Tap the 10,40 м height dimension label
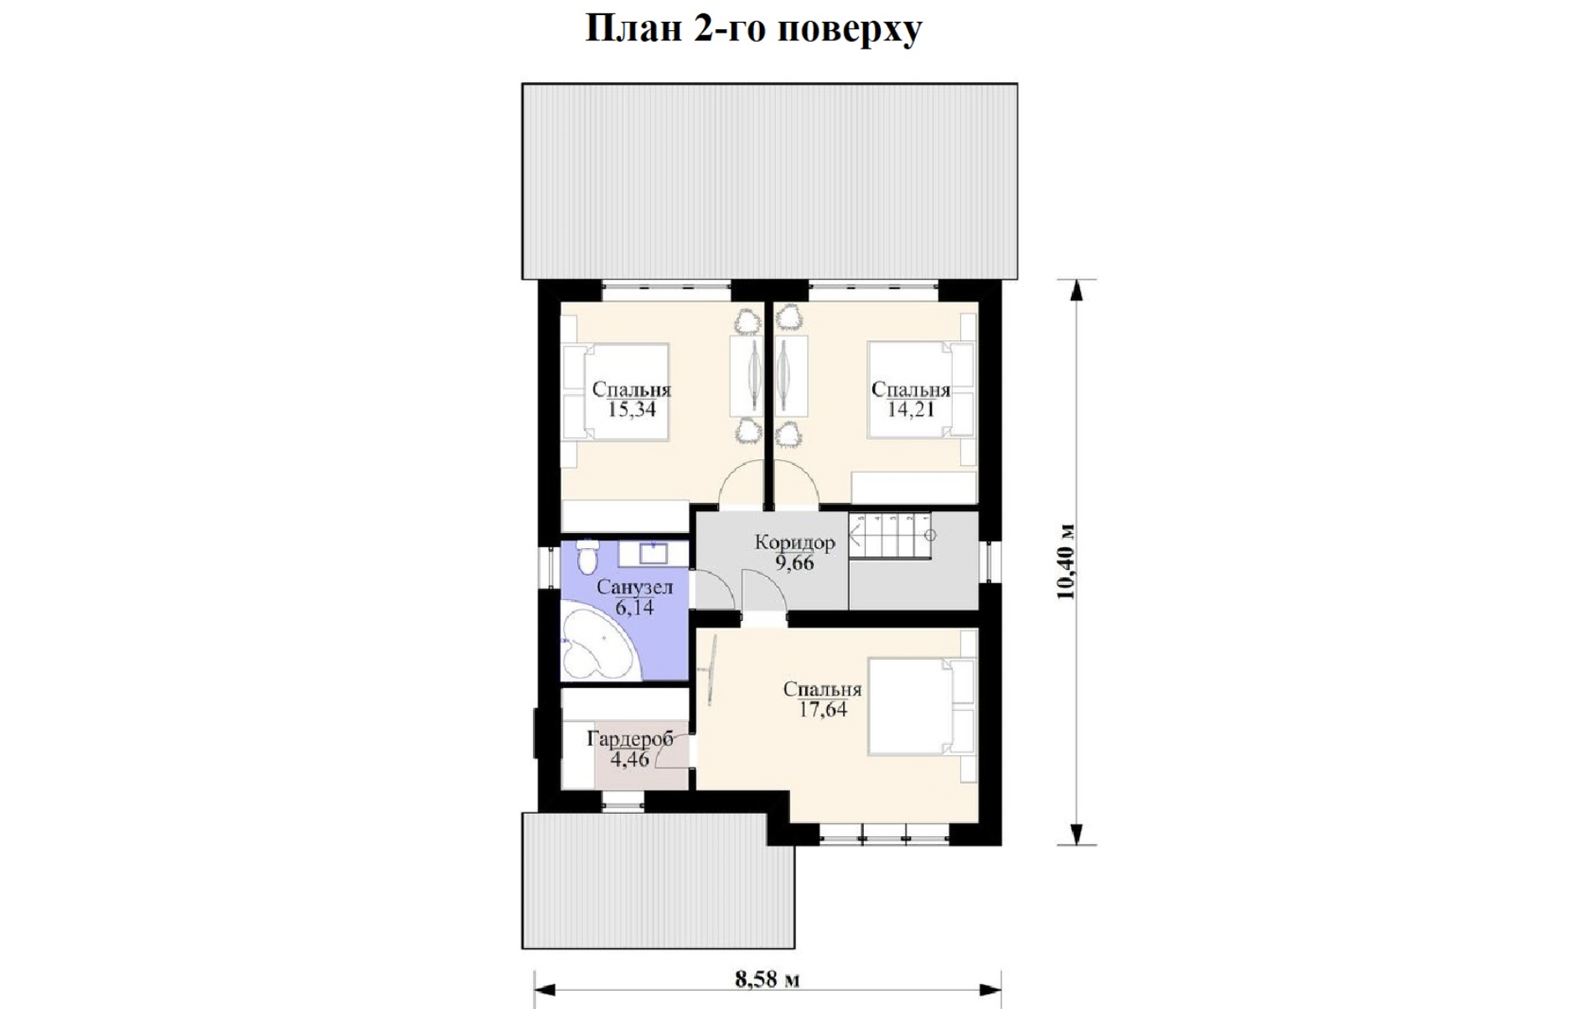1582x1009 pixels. [1066, 562]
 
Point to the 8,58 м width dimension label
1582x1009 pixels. [768, 979]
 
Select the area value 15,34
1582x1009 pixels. [632, 410]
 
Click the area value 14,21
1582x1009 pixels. [911, 410]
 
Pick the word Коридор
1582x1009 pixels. [795, 542]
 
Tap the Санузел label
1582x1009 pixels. [634, 587]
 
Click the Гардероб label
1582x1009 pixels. [630, 739]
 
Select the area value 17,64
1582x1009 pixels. [823, 710]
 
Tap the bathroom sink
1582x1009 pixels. [654, 552]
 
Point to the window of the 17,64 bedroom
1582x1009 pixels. [884, 835]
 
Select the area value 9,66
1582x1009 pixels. [794, 562]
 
